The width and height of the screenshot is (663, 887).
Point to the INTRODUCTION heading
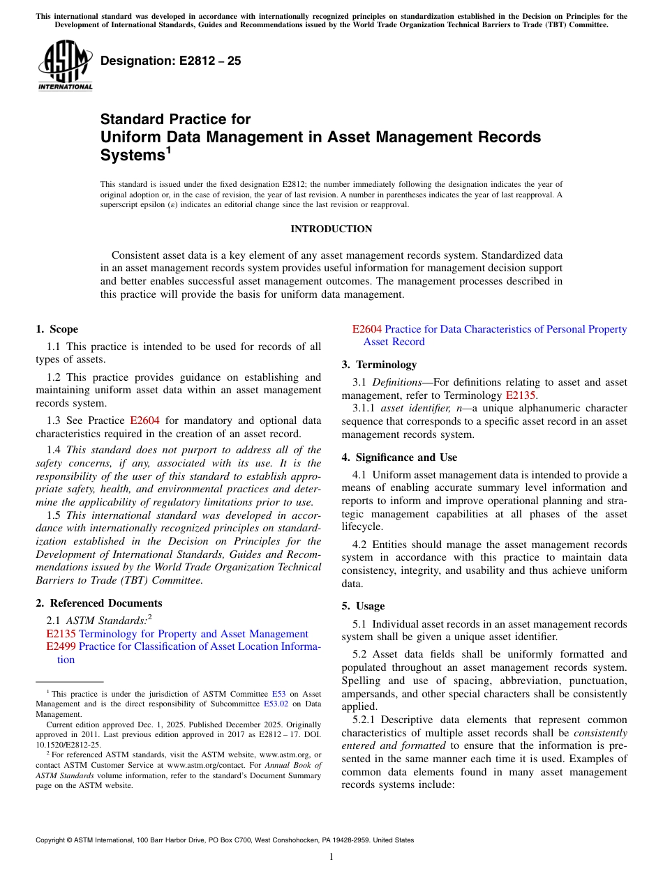click(331, 229)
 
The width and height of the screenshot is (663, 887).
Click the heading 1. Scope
click(57, 329)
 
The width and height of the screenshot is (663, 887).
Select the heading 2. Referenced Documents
click(98, 603)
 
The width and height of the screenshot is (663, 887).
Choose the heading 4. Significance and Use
click(399, 457)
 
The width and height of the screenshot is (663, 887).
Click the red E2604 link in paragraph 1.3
click(144, 420)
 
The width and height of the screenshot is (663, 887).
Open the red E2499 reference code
click(61, 646)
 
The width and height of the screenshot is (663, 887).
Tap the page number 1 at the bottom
click(331, 857)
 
